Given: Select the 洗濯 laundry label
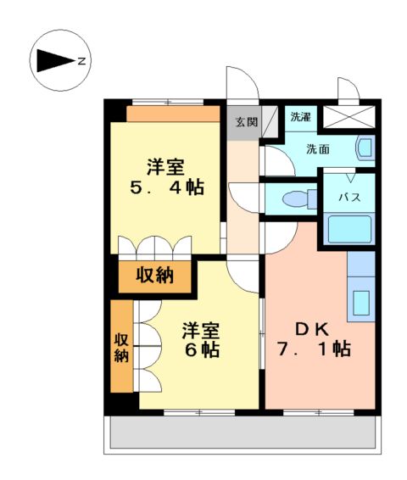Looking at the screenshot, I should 300,117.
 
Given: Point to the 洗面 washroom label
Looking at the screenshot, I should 318,149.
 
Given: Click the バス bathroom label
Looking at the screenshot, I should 350,198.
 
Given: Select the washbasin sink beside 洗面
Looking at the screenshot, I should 365,148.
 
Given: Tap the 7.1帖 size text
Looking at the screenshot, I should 313,349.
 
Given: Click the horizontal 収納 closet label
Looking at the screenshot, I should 154,276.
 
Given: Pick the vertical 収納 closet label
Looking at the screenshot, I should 121,346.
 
